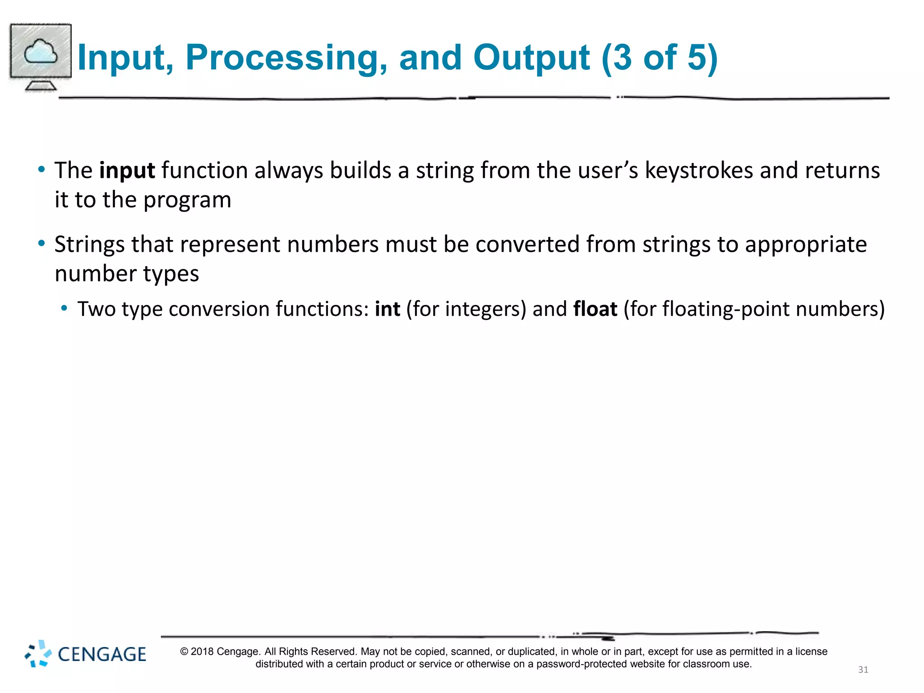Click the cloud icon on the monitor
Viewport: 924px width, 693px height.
[x=41, y=52]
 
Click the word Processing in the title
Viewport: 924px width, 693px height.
[x=286, y=58]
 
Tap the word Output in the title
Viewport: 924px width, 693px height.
[x=531, y=58]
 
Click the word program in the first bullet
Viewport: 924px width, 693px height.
[x=187, y=200]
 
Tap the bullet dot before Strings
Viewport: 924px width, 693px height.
[x=42, y=244]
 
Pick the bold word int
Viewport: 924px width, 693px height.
[x=388, y=310]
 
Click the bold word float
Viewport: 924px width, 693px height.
[x=595, y=310]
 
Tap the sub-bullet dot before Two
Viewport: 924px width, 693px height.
[x=65, y=308]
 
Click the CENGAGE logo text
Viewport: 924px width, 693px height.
[x=102, y=655]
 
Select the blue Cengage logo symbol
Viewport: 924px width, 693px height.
[x=38, y=653]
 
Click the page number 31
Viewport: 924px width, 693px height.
[x=863, y=670]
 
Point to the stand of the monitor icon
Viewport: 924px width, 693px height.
[x=41, y=85]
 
